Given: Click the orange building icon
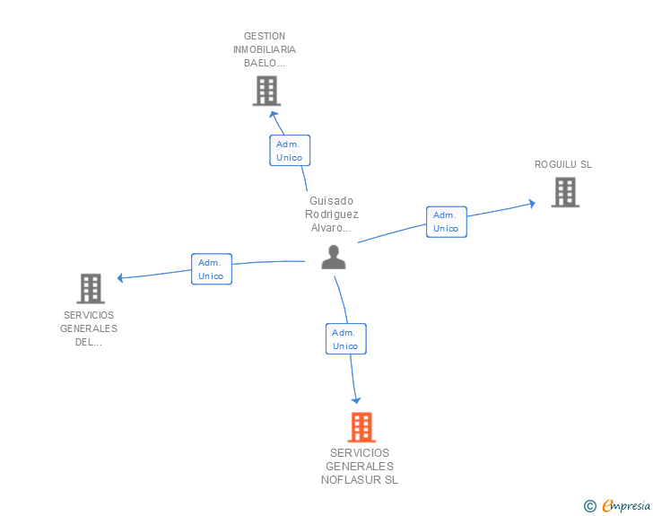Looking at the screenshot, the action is [361, 427].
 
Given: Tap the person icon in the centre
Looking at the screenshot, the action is [334, 258].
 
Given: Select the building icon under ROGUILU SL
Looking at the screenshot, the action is [565, 192].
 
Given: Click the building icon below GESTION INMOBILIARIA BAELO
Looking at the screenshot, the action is [266, 91].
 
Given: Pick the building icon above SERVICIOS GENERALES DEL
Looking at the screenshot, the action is [91, 288].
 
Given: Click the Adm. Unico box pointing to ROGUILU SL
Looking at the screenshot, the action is [447, 222].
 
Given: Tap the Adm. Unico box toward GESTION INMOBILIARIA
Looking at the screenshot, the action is [290, 151].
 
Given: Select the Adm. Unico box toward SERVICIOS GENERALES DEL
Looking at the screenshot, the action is [212, 269].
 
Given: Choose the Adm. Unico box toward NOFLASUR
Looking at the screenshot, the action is [346, 339].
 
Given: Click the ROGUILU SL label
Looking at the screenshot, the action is [563, 164].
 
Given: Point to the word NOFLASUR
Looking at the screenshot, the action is [352, 480].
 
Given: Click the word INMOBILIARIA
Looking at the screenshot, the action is [265, 49].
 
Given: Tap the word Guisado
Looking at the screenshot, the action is [332, 201].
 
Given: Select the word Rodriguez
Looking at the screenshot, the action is [332, 214].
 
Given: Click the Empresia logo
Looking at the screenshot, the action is [617, 505].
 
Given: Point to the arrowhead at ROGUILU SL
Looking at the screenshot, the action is [532, 204].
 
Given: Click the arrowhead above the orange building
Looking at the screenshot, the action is [356, 400].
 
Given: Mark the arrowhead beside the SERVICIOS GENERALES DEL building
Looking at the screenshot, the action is [120, 277].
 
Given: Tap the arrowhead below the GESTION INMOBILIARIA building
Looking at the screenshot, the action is [274, 114].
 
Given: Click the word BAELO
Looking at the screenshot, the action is [260, 63].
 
